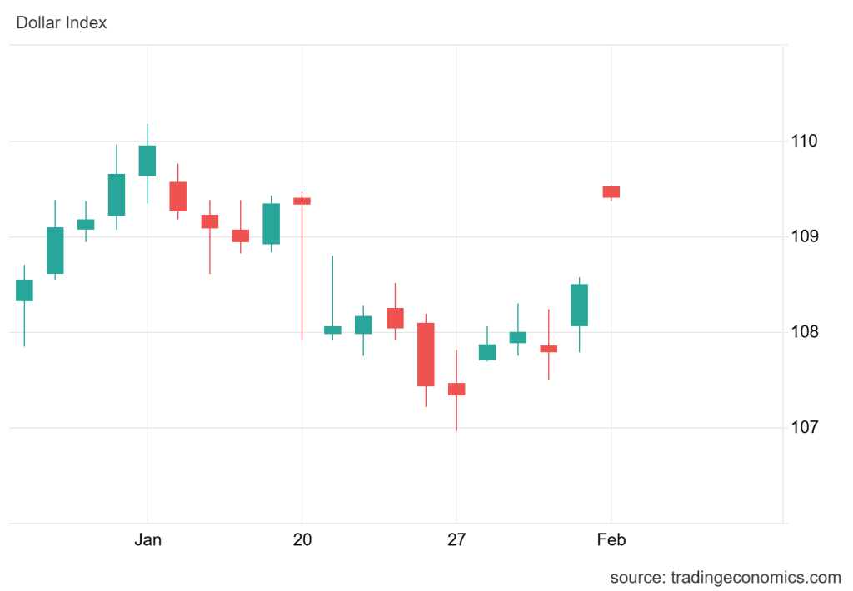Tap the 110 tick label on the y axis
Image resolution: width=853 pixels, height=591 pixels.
pyautogui.click(x=805, y=142)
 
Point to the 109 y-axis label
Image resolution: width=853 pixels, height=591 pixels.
pyautogui.click(x=805, y=237)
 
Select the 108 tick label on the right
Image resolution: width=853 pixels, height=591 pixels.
pyautogui.click(x=805, y=332)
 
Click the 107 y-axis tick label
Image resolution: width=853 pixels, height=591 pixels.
pyautogui.click(x=805, y=428)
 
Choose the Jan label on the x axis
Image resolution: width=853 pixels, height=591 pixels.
pyautogui.click(x=147, y=540)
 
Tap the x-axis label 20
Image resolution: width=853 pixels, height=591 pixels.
pyautogui.click(x=302, y=540)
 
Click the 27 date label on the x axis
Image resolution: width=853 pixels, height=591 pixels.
pyautogui.click(x=456, y=540)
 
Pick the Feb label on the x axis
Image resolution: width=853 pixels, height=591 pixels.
pyautogui.click(x=611, y=540)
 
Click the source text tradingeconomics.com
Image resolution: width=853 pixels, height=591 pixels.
pyautogui.click(x=726, y=578)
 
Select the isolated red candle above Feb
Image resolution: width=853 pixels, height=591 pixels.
pyautogui.click(x=611, y=191)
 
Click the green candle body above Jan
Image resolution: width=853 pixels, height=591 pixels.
pyautogui.click(x=147, y=161)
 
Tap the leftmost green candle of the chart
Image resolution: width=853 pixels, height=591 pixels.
pyautogui.click(x=24, y=290)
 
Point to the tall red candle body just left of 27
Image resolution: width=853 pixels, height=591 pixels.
pyautogui.click(x=426, y=355)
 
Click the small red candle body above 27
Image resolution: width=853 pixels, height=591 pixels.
pyautogui.click(x=456, y=389)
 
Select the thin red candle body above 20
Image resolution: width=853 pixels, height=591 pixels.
pyautogui.click(x=302, y=201)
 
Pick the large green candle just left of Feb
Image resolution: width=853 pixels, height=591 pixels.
pyautogui.click(x=580, y=305)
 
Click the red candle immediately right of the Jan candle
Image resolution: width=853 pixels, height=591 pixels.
pyautogui.click(x=178, y=196)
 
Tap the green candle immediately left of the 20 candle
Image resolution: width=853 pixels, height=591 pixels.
pyautogui.click(x=271, y=224)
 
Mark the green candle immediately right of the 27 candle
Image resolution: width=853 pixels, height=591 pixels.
pyautogui.click(x=487, y=352)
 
